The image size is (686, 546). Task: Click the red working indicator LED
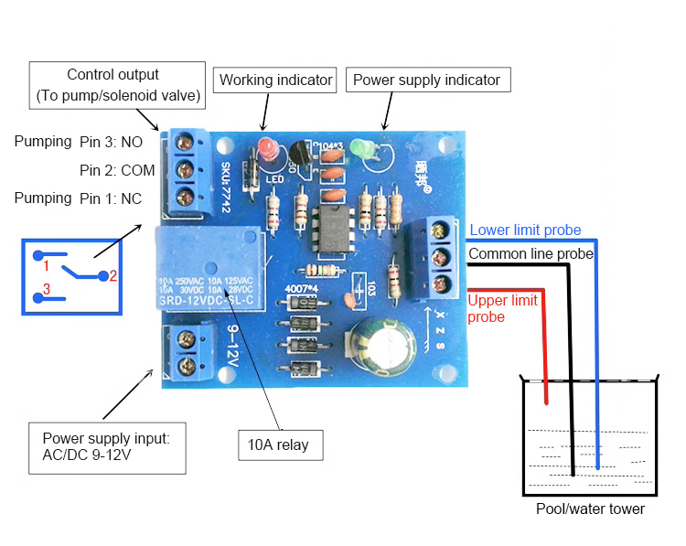click(268, 149)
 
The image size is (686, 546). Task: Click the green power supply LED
click(366, 149)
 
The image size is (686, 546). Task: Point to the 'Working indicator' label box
click(275, 80)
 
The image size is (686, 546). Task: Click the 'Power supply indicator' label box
click(427, 80)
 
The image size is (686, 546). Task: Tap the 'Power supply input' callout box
click(108, 447)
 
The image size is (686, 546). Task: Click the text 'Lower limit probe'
click(526, 230)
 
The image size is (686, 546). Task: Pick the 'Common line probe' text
click(531, 253)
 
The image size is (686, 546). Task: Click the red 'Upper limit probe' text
click(502, 307)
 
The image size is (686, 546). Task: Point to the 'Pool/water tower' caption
click(590, 509)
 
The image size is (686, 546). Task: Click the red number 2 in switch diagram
click(113, 274)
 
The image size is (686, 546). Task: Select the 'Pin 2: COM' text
click(117, 170)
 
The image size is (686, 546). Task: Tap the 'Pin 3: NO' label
click(111, 142)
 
